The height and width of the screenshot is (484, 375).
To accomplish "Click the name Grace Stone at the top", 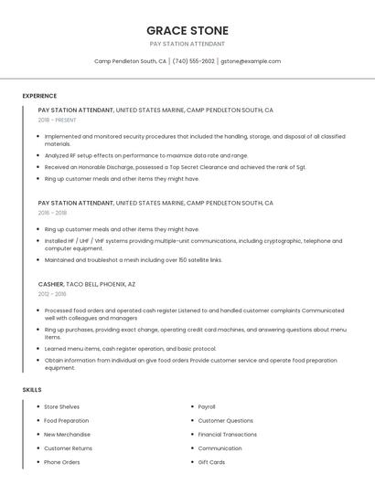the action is click(x=187, y=31).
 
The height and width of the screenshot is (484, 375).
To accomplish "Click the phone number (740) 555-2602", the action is click(x=194, y=61).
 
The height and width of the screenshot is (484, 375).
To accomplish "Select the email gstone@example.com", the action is click(x=251, y=61).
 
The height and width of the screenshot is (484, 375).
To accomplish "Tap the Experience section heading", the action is click(x=39, y=96).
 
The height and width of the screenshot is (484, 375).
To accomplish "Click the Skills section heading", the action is click(x=32, y=390).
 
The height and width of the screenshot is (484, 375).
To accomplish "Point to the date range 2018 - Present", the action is click(x=58, y=120).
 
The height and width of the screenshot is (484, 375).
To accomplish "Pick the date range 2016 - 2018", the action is click(x=52, y=213).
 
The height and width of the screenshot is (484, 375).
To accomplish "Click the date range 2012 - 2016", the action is click(x=52, y=294).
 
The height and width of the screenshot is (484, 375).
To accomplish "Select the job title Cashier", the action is click(x=52, y=284).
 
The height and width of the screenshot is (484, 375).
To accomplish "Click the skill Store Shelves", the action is click(x=61, y=406).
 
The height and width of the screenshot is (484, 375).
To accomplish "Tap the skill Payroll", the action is click(x=207, y=406).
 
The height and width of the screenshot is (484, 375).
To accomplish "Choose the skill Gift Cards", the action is click(x=211, y=462).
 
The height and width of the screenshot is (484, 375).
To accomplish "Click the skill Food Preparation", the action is click(x=66, y=420).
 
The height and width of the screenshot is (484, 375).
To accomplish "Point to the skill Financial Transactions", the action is click(x=227, y=435).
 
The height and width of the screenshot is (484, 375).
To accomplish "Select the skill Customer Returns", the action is click(x=68, y=448).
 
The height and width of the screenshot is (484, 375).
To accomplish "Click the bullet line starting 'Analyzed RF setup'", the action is click(x=146, y=155).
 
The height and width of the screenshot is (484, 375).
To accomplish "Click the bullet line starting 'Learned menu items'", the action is click(x=130, y=348).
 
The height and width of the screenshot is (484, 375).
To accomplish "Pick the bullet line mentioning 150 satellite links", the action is click(x=133, y=260).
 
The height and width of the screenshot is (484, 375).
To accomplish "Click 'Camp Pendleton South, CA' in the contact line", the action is click(x=130, y=61).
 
